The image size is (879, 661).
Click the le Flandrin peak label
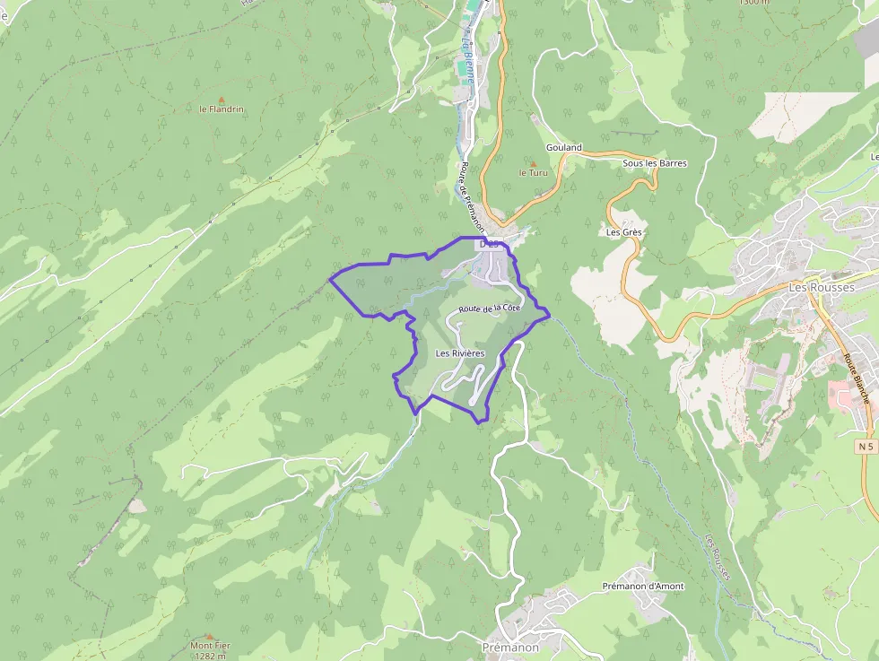(221, 109)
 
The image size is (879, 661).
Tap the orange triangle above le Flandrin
(221, 99)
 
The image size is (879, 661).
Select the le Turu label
(533, 172)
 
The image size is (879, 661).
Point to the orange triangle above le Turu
(533, 162)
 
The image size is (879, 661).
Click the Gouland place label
(563, 147)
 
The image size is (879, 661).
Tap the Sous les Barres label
(655, 163)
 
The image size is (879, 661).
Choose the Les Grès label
(624, 232)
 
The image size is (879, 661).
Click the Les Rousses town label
(821, 287)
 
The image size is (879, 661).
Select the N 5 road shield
(865, 446)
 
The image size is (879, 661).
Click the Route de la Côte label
(489, 309)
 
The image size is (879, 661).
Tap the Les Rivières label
(459, 353)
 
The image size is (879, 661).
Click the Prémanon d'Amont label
(642, 587)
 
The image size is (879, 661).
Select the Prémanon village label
(510, 647)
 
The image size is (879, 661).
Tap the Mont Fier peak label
(209, 646)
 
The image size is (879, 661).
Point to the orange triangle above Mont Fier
(209, 636)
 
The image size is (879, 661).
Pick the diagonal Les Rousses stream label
(717, 557)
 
